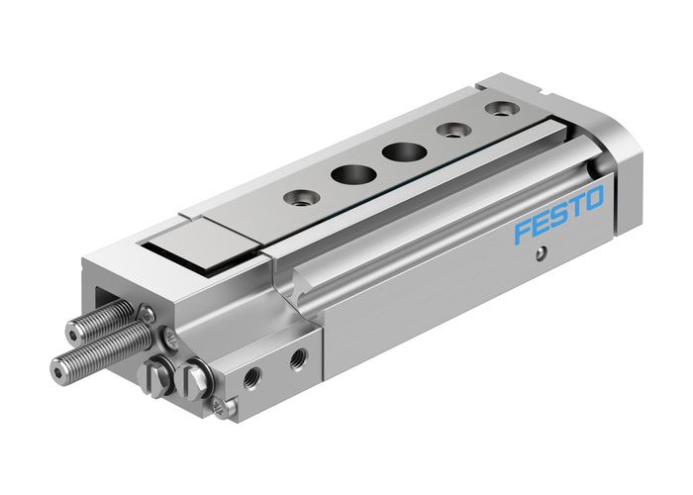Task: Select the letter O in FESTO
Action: tap(592, 201)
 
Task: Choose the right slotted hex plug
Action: tap(192, 378)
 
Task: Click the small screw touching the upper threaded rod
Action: tap(148, 314)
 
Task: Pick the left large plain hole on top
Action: tap(346, 173)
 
